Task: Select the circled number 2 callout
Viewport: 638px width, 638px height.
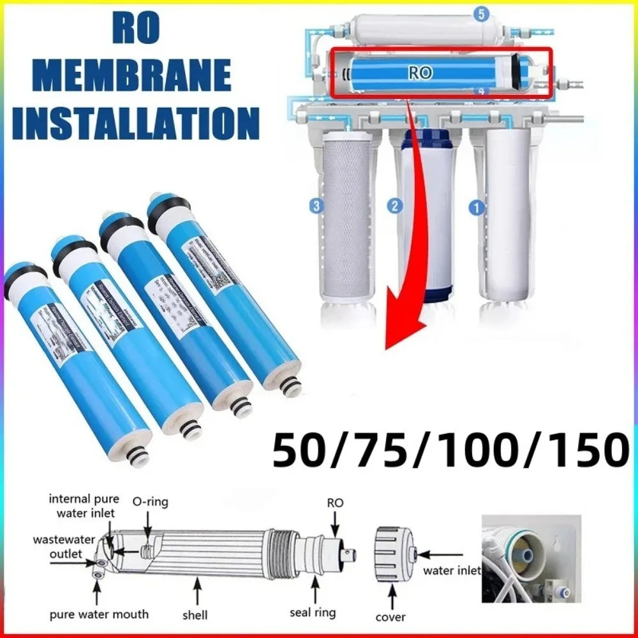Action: tap(396, 205)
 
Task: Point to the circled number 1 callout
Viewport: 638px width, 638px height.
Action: tap(475, 207)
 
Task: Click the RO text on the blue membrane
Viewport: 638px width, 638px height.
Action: tap(420, 73)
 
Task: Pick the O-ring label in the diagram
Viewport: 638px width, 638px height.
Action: tap(150, 502)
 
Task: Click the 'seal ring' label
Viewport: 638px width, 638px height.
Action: tap(312, 613)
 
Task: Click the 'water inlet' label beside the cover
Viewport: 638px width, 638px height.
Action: tap(452, 570)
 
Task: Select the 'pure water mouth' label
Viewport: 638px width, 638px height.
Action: tap(99, 614)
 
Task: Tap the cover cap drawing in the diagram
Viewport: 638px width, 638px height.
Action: tap(390, 554)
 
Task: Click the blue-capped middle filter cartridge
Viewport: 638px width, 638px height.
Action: tap(428, 217)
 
